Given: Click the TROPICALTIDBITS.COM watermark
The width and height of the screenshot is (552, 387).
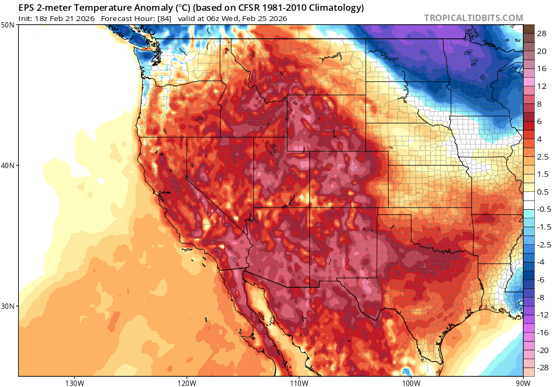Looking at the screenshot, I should click(473, 18).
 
